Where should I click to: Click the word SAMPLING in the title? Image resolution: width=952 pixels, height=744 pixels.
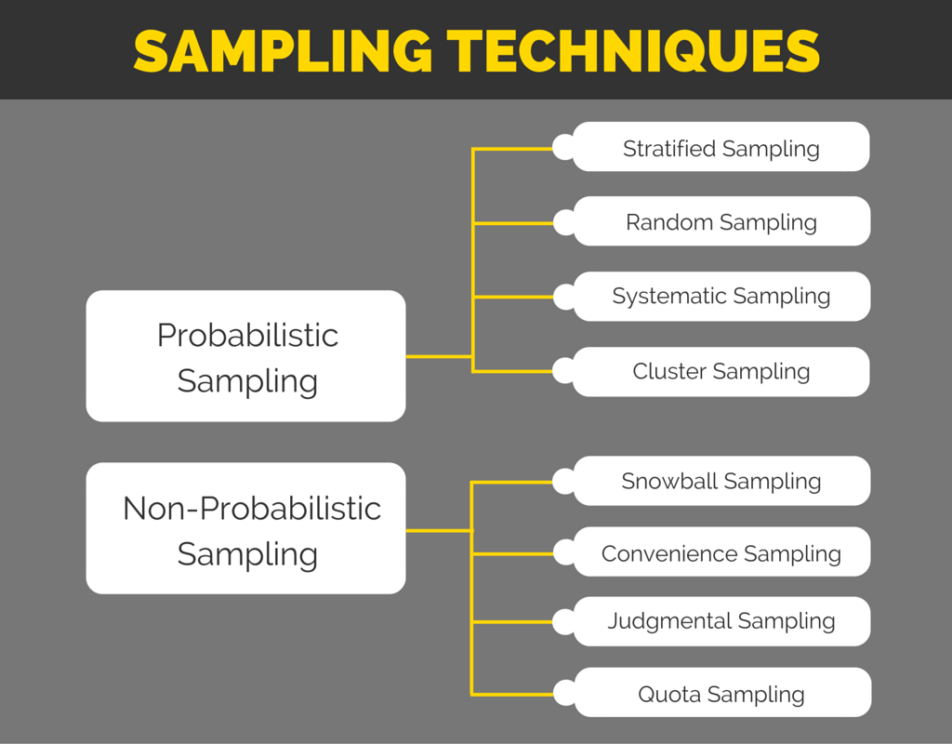[283, 52]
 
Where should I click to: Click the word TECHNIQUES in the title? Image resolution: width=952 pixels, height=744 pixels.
[633, 52]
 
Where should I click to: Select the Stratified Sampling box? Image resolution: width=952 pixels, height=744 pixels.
[721, 148]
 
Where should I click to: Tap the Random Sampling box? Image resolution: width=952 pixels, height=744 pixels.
[721, 222]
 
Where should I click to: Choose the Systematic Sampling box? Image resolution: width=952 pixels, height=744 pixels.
[721, 297]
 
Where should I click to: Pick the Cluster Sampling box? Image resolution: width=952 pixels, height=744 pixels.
[721, 371]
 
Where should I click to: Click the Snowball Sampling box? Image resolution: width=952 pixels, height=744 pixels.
[721, 481]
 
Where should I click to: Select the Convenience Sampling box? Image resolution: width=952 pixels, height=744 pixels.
[721, 553]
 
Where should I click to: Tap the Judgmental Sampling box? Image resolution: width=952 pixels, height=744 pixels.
[721, 620]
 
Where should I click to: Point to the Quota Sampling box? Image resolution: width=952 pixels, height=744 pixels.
[721, 694]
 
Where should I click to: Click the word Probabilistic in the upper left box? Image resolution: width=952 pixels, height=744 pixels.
[247, 336]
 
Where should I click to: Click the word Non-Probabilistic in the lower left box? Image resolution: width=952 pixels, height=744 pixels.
[252, 509]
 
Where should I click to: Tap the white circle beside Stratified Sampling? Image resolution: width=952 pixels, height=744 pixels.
[563, 148]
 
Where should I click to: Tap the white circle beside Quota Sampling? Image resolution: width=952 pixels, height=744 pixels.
[564, 693]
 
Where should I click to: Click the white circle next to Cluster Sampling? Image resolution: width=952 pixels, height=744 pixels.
[563, 371]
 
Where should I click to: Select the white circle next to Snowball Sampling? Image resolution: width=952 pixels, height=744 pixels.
[563, 481]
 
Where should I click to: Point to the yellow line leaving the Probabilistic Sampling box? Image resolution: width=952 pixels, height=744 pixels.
[439, 356]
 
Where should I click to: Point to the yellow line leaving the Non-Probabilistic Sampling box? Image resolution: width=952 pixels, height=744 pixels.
[439, 531]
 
